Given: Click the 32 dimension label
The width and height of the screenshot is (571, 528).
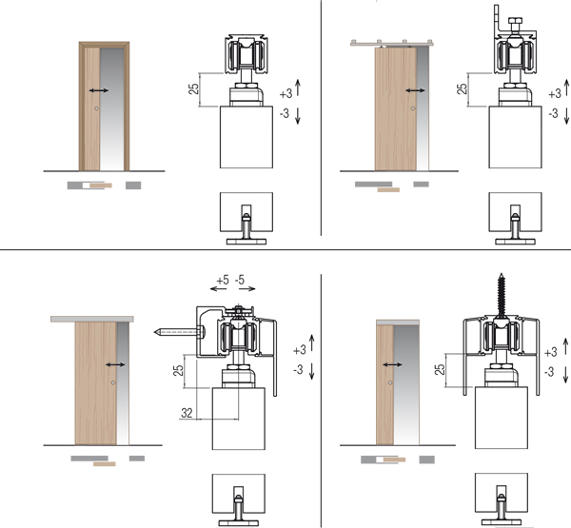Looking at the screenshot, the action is (187, 413).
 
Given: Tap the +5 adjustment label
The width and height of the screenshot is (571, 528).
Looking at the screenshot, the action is (223, 281).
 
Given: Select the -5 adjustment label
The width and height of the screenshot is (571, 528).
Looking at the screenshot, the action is (240, 280).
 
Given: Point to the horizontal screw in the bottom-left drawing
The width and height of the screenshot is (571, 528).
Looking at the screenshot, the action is (179, 332).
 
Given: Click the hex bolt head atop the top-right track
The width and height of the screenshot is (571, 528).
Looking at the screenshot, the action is (515, 20).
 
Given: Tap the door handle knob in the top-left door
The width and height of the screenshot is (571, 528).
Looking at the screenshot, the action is (96, 108).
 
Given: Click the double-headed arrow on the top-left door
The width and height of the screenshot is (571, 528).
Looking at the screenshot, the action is (99, 90).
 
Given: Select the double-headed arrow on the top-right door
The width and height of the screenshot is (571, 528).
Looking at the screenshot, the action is (415, 90).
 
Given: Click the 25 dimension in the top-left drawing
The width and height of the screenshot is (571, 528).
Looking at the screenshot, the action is (194, 88).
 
